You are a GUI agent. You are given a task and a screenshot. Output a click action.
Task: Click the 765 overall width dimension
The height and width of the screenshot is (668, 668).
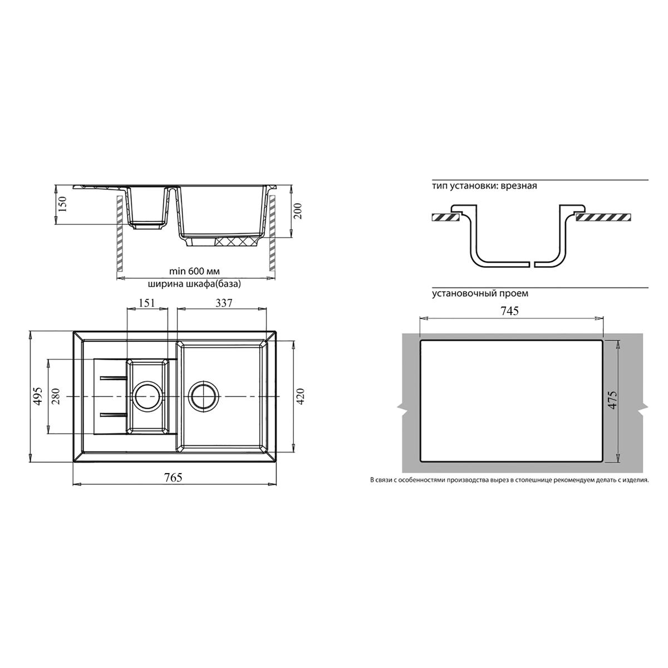click(173, 478)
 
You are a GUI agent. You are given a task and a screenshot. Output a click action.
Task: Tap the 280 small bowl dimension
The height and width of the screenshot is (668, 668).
click(56, 396)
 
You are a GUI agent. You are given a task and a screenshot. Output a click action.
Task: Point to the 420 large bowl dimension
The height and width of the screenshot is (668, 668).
click(300, 396)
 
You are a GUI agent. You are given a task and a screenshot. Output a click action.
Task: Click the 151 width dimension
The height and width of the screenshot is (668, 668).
click(146, 303)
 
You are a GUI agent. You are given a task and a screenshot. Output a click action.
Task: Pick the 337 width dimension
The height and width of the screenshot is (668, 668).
click(224, 303)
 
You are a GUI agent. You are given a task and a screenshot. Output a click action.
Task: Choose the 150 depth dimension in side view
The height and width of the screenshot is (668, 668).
click(63, 204)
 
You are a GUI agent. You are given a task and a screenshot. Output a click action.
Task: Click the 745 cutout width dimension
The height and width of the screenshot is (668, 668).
click(510, 311)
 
